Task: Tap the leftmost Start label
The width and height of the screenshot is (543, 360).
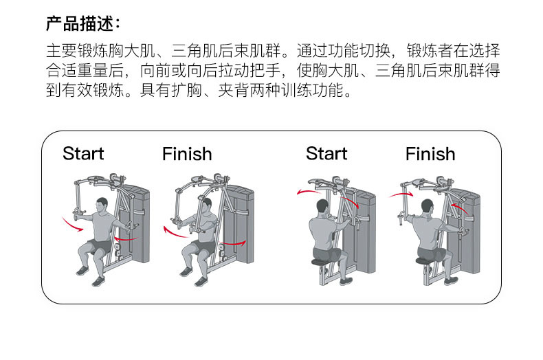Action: click(83, 153)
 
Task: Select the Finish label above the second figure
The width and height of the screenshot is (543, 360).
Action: click(187, 154)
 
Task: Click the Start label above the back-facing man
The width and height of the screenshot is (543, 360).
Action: click(326, 153)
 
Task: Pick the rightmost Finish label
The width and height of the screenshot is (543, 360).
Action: click(430, 154)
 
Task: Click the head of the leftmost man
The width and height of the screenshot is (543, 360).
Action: click(102, 205)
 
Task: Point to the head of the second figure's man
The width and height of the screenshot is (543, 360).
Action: click(204, 205)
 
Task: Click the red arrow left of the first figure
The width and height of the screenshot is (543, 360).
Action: click(69, 223)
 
